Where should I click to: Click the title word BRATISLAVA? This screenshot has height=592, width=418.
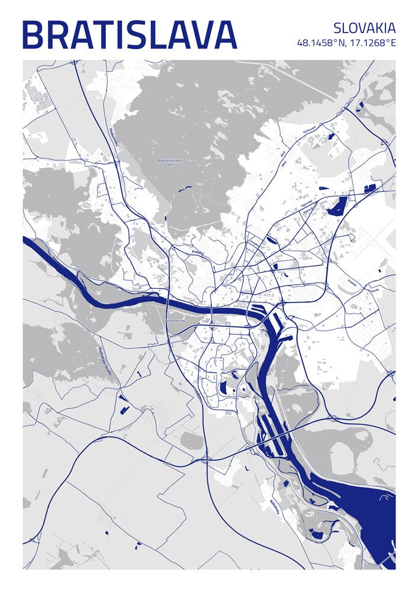129,35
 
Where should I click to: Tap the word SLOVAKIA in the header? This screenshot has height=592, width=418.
364,28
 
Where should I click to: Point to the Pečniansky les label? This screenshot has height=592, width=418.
175,320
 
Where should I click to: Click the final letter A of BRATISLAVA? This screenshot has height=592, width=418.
225,35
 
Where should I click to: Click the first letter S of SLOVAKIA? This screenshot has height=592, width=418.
337,28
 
